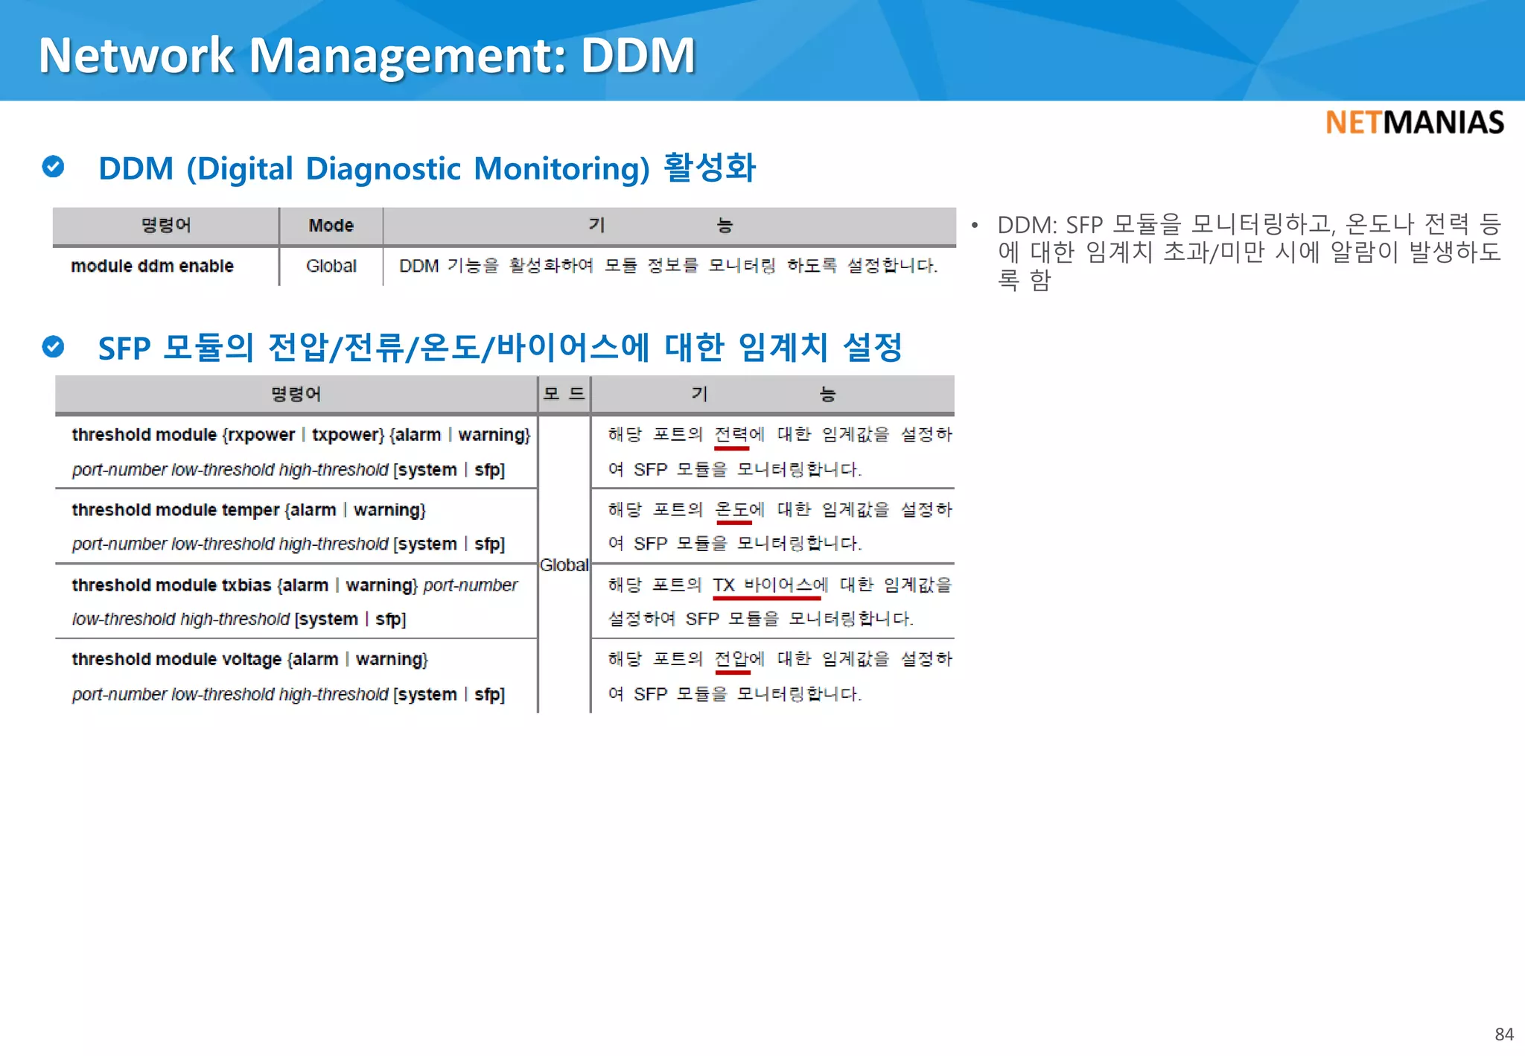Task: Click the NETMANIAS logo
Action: (1414, 122)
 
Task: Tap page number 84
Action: (1503, 1034)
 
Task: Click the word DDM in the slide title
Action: (638, 55)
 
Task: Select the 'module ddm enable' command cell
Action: (152, 266)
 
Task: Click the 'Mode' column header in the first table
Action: (331, 225)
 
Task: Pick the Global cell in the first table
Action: (331, 266)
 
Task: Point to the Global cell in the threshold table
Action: (564, 565)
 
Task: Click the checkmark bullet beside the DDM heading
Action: (53, 167)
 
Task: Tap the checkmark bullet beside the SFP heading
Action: (53, 346)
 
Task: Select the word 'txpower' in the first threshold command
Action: (347, 435)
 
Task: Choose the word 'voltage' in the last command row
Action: (252, 660)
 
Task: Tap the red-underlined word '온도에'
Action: (739, 510)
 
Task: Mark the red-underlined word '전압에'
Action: (739, 659)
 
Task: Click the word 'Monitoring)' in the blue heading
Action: (561, 168)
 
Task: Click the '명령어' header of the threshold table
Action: (296, 394)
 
